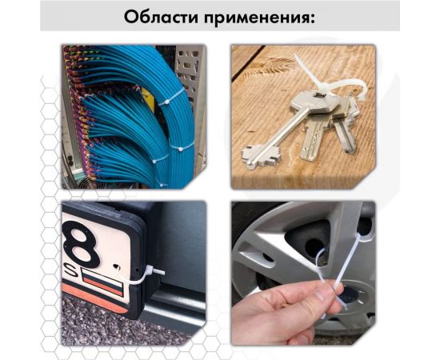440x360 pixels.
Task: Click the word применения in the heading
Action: [261, 17]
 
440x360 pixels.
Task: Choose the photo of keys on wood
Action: [303, 116]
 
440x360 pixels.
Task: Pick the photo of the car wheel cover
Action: [303, 272]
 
